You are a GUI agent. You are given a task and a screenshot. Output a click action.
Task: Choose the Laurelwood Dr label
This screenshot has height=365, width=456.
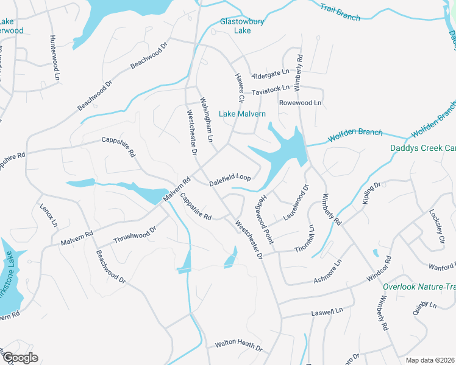pyautogui.click(x=296, y=203)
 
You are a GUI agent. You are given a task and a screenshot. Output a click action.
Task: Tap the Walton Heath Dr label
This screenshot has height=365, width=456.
pyautogui.click(x=238, y=346)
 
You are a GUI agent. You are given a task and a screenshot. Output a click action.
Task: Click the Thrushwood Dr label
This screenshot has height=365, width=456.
pyautogui.click(x=135, y=234)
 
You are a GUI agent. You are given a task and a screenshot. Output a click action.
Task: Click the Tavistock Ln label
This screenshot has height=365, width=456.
pyautogui.click(x=271, y=89)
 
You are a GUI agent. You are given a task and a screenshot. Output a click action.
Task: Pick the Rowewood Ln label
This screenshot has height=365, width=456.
pyautogui.click(x=300, y=103)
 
